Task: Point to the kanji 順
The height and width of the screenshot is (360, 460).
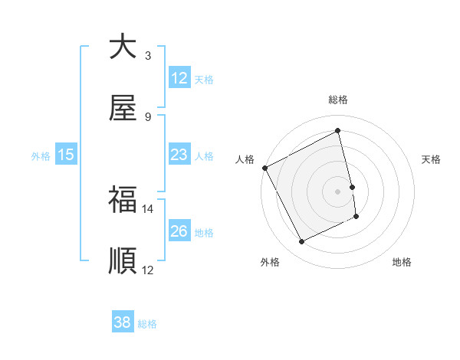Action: click(123, 261)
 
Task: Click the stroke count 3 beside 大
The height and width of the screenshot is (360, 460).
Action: click(148, 55)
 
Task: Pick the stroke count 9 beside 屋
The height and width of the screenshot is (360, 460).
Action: click(148, 117)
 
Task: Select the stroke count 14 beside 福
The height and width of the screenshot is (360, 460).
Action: click(148, 208)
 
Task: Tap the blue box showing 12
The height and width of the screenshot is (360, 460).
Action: click(179, 78)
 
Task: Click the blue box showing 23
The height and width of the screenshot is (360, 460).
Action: click(179, 155)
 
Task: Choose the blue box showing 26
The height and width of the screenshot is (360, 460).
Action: click(179, 231)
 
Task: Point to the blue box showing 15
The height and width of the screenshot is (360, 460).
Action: click(66, 155)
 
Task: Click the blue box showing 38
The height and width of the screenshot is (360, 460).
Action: click(123, 322)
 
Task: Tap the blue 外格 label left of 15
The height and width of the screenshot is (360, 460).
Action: click(41, 156)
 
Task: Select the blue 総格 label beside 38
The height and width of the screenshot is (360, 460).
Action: click(147, 324)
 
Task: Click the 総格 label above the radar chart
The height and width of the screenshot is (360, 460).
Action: click(338, 100)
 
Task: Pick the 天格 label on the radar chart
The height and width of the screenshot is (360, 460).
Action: click(432, 159)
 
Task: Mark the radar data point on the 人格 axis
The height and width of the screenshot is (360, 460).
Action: click(264, 168)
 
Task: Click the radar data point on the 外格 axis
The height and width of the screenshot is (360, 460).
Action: click(301, 242)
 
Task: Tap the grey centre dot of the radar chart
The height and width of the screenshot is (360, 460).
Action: click(338, 191)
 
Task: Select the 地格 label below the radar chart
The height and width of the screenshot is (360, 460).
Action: click(402, 262)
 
